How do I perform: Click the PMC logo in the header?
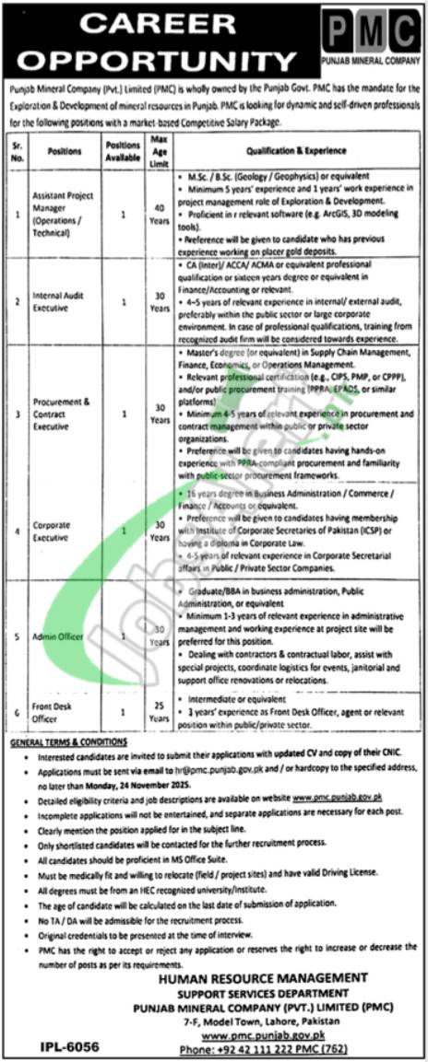[x=366, y=34]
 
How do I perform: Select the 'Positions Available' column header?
[x=123, y=150]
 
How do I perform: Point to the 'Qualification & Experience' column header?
[x=295, y=150]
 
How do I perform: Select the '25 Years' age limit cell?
[x=159, y=711]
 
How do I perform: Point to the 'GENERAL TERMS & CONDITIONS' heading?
[x=70, y=741]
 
